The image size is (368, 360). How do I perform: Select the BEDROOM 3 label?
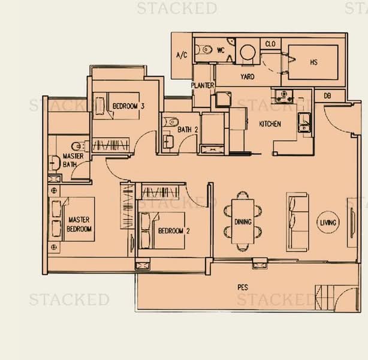tap(129, 106)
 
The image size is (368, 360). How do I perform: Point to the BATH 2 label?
tap(186, 130)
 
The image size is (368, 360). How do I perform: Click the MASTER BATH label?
tap(73, 160)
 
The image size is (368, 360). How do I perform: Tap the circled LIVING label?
tap(329, 223)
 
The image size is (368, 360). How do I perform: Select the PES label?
tap(243, 287)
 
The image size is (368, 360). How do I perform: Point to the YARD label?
tap(247, 77)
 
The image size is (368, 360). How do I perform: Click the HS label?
tap(313, 61)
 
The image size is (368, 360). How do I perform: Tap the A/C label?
tap(182, 56)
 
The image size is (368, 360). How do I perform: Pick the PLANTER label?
tap(203, 86)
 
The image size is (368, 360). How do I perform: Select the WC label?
tap(220, 50)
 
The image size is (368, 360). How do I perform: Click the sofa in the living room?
tap(297, 221)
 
